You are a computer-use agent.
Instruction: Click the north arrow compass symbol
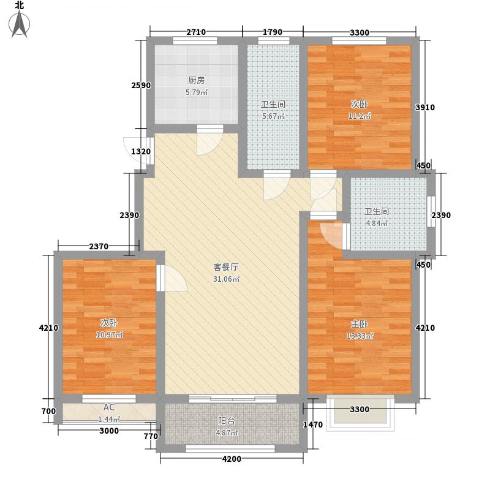click(20, 23)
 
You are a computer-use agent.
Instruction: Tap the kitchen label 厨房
click(197, 80)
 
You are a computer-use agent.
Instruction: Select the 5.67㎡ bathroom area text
click(273, 116)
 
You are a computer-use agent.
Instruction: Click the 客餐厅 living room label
click(226, 267)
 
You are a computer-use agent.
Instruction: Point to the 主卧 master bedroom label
click(360, 324)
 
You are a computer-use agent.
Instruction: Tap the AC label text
click(109, 407)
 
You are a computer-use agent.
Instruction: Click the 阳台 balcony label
click(226, 421)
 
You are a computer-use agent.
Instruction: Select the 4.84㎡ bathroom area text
click(377, 224)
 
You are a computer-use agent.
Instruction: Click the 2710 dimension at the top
click(196, 32)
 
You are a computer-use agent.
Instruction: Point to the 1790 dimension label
click(273, 32)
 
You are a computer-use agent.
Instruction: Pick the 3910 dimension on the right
click(425, 108)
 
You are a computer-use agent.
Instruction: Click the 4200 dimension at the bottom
click(232, 459)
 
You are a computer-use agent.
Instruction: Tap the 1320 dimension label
click(141, 151)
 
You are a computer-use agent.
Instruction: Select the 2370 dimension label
click(99, 247)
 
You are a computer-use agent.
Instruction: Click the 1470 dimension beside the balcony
click(313, 424)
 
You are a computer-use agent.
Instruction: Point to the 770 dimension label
click(151, 436)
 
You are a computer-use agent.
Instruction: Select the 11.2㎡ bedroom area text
click(360, 116)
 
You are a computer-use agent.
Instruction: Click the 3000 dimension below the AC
click(109, 431)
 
